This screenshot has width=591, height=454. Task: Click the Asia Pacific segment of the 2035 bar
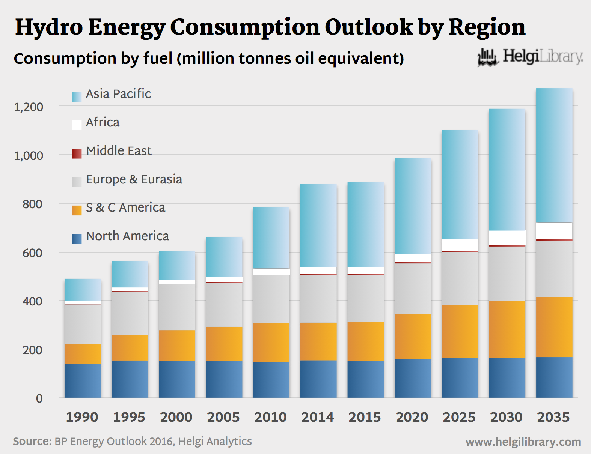554,155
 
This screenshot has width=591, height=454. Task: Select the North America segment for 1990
83,380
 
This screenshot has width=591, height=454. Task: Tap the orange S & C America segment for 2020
413,336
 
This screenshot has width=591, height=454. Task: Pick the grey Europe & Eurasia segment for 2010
271,299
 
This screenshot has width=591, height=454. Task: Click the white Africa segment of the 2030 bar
507,238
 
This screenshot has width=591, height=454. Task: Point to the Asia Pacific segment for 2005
224,257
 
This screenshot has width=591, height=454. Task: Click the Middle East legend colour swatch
77,153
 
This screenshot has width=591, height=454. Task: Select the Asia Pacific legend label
118,94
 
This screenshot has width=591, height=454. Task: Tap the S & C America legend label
125,207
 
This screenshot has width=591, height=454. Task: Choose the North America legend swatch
77,239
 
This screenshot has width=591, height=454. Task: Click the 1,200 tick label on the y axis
29,107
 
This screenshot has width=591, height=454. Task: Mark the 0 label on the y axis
39,398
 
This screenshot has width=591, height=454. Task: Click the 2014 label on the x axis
318,417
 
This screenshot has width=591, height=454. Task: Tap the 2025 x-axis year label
459,417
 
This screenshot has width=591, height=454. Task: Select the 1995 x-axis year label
129,417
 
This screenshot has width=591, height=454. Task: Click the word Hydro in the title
49,27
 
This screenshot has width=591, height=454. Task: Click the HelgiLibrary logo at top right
530,57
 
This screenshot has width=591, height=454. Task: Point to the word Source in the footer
31,441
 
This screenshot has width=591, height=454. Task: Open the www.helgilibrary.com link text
523,442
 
